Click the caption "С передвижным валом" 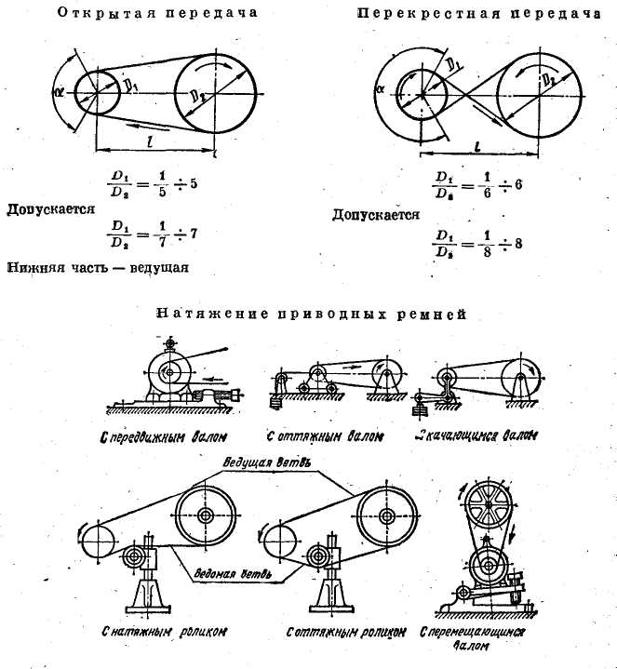click(167, 435)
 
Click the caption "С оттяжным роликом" click(345, 631)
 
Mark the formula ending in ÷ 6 click(476, 182)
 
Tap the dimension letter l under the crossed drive click(476, 146)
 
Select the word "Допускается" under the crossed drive click(375, 215)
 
